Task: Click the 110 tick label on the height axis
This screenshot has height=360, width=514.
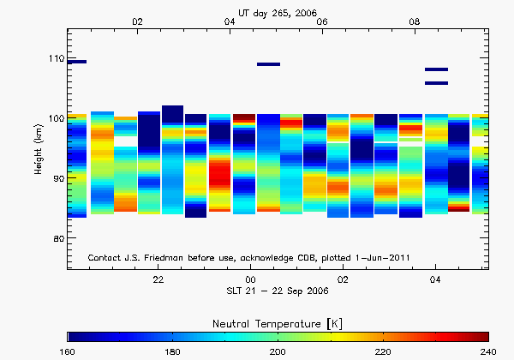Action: tap(55, 58)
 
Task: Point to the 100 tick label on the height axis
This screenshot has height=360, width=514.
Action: tap(55, 118)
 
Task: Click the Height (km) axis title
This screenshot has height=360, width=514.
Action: tap(39, 151)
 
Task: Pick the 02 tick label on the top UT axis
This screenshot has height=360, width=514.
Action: tap(138, 21)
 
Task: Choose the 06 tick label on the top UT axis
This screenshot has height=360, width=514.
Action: tap(323, 21)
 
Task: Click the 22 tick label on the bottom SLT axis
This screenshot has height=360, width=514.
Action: tap(158, 279)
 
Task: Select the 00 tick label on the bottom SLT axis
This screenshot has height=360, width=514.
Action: tap(250, 279)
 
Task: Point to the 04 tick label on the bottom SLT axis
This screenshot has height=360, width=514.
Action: tap(435, 279)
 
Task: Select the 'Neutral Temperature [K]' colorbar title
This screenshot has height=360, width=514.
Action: tap(278, 321)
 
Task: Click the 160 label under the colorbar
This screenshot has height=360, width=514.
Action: tap(68, 351)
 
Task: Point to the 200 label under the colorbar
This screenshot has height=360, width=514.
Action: tap(278, 351)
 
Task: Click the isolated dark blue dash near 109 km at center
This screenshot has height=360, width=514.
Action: tap(268, 64)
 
